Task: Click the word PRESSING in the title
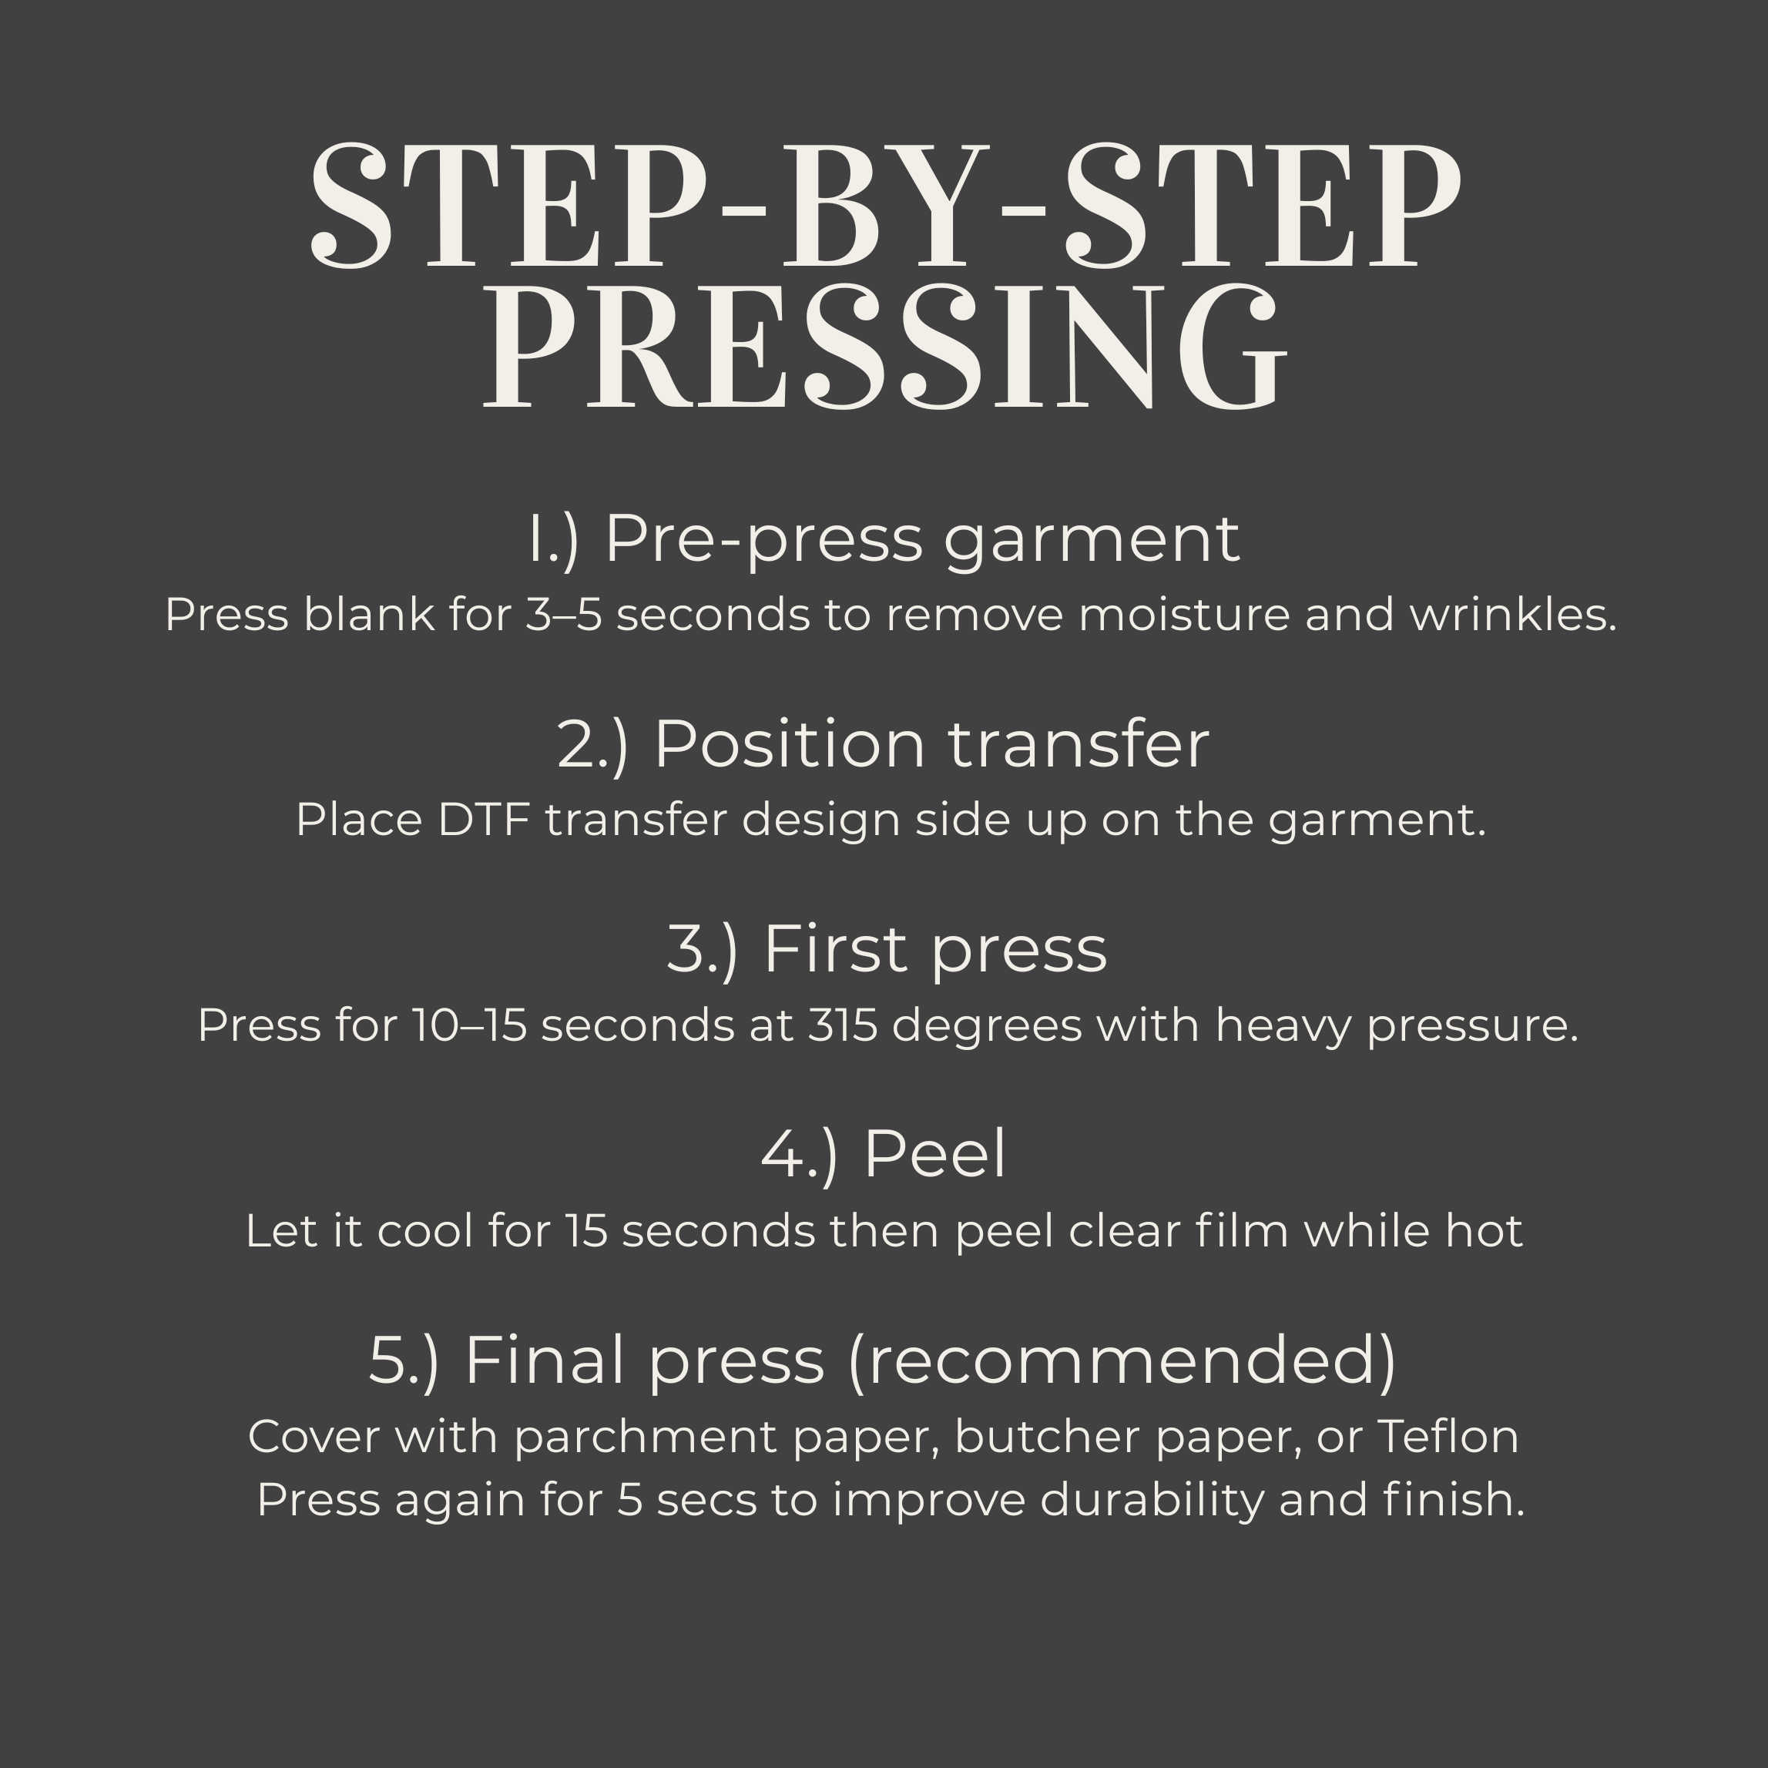[x=884, y=347]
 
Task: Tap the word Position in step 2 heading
[x=790, y=744]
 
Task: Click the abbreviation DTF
[x=484, y=820]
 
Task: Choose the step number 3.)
[x=702, y=950]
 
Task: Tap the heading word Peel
[x=934, y=1155]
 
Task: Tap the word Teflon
[x=1448, y=1437]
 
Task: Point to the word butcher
[x=1047, y=1437]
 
